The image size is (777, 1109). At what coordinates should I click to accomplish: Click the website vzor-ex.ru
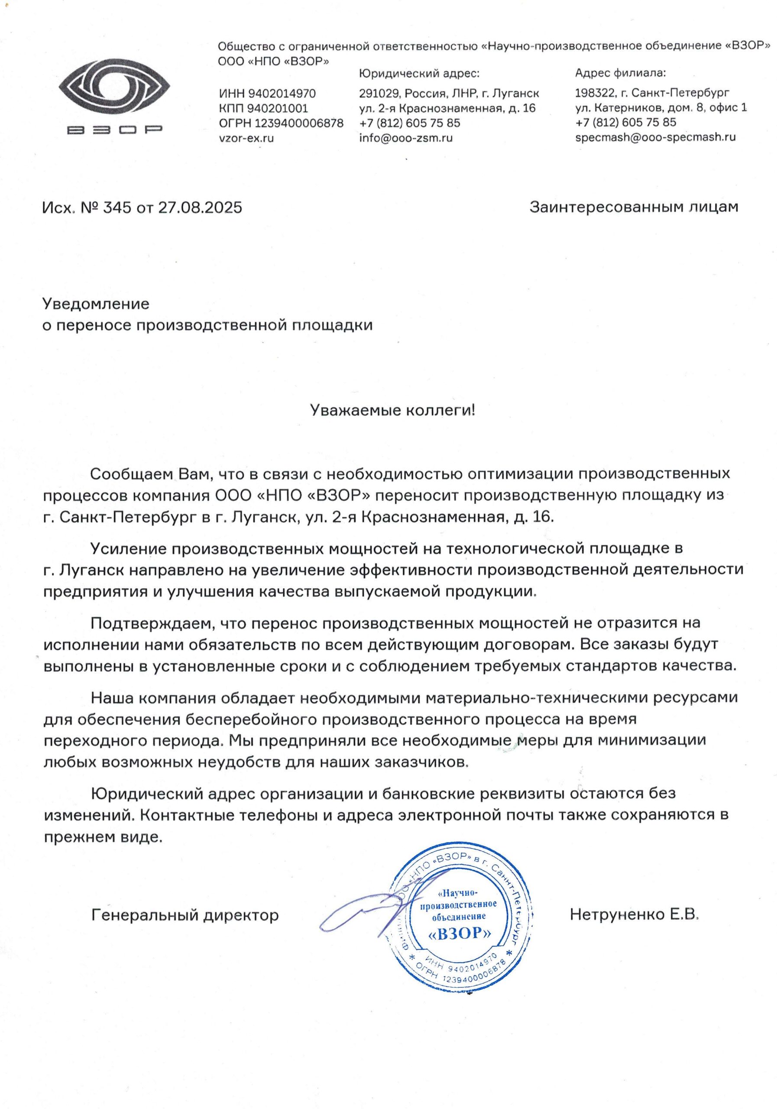pyautogui.click(x=246, y=138)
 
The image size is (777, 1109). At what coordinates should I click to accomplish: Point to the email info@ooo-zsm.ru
pyautogui.click(x=406, y=138)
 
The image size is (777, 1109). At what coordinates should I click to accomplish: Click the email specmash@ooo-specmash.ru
pyautogui.click(x=655, y=137)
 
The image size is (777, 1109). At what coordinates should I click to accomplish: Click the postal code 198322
pyautogui.click(x=592, y=93)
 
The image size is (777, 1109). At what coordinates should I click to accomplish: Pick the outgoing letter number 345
pyautogui.click(x=117, y=208)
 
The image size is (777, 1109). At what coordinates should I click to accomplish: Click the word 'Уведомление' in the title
pyautogui.click(x=96, y=304)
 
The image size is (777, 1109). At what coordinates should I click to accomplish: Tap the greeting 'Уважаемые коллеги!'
pyautogui.click(x=392, y=411)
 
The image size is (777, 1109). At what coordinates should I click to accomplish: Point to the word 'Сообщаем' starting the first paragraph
pyautogui.click(x=131, y=473)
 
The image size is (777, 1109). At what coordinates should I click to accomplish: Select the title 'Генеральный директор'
pyautogui.click(x=185, y=915)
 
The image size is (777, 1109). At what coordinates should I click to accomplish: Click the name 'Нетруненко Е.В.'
pyautogui.click(x=634, y=914)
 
